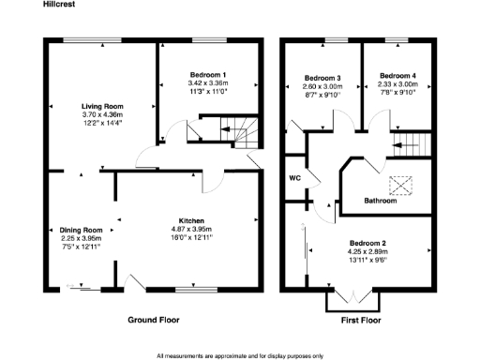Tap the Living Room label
(x=101, y=106)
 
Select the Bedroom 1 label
(x=208, y=74)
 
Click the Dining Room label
(x=81, y=230)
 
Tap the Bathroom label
(x=381, y=200)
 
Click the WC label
(x=294, y=176)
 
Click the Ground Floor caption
(x=154, y=320)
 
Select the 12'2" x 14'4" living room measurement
(x=101, y=123)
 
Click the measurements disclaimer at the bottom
(x=240, y=355)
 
